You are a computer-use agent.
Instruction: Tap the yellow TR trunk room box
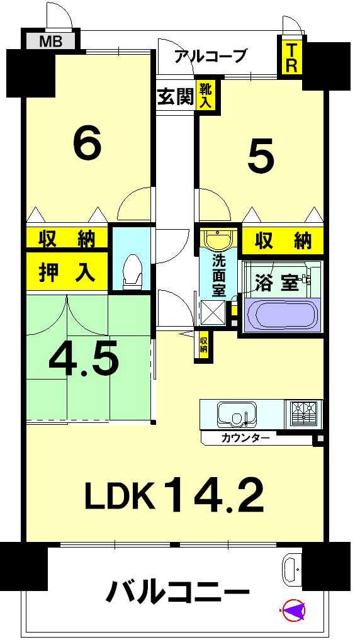(291, 58)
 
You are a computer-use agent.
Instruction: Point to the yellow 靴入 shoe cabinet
(206, 96)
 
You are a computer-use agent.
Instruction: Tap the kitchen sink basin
(235, 414)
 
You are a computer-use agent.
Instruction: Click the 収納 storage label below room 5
(283, 240)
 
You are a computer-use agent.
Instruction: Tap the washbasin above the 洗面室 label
(218, 240)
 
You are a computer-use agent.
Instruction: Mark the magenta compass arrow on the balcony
(294, 609)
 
